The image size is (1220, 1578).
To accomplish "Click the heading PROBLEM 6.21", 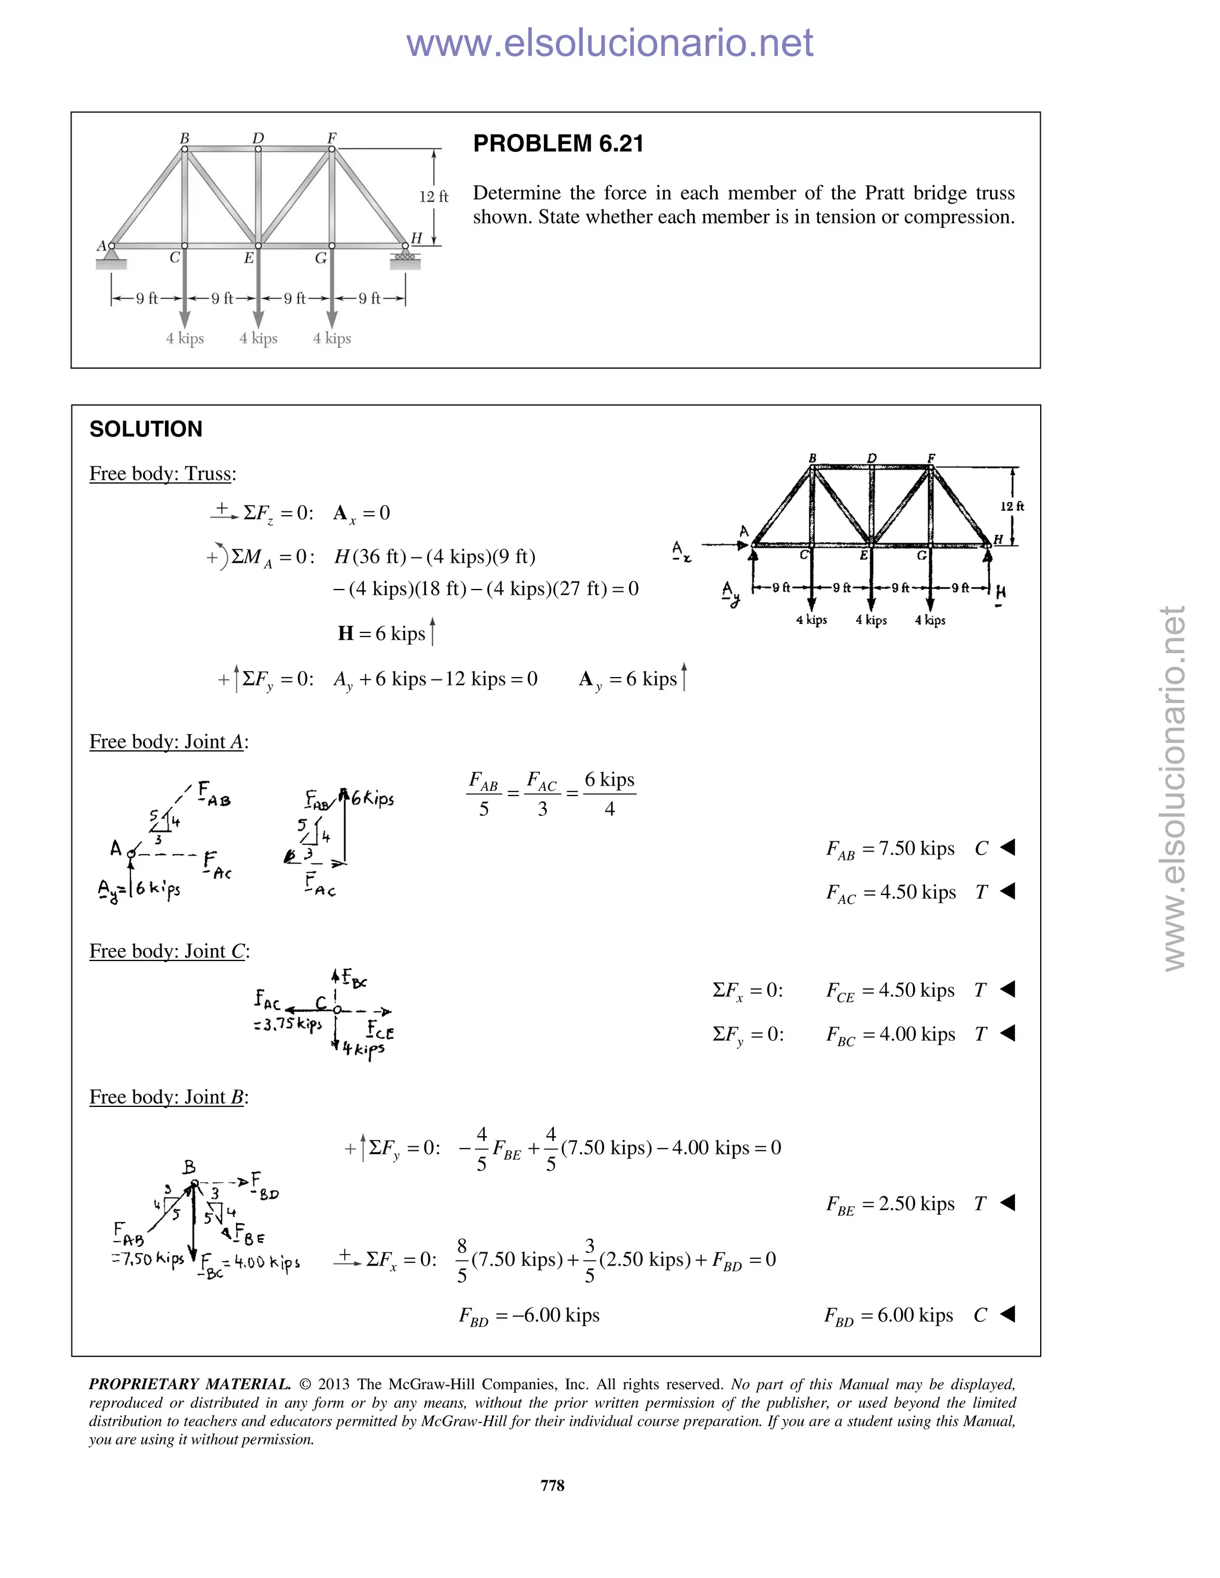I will click(558, 144).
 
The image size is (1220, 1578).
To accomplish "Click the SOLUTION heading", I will click(146, 429).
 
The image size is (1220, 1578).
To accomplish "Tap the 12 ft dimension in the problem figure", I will click(434, 197).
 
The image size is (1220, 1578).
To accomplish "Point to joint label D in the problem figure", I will click(258, 138).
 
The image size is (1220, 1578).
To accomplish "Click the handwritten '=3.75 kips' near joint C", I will click(288, 1025).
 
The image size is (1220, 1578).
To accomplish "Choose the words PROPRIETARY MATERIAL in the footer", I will click(189, 1384).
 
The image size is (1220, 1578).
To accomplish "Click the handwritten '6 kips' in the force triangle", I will click(373, 799).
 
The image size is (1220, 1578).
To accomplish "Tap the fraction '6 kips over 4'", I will click(609, 794).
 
